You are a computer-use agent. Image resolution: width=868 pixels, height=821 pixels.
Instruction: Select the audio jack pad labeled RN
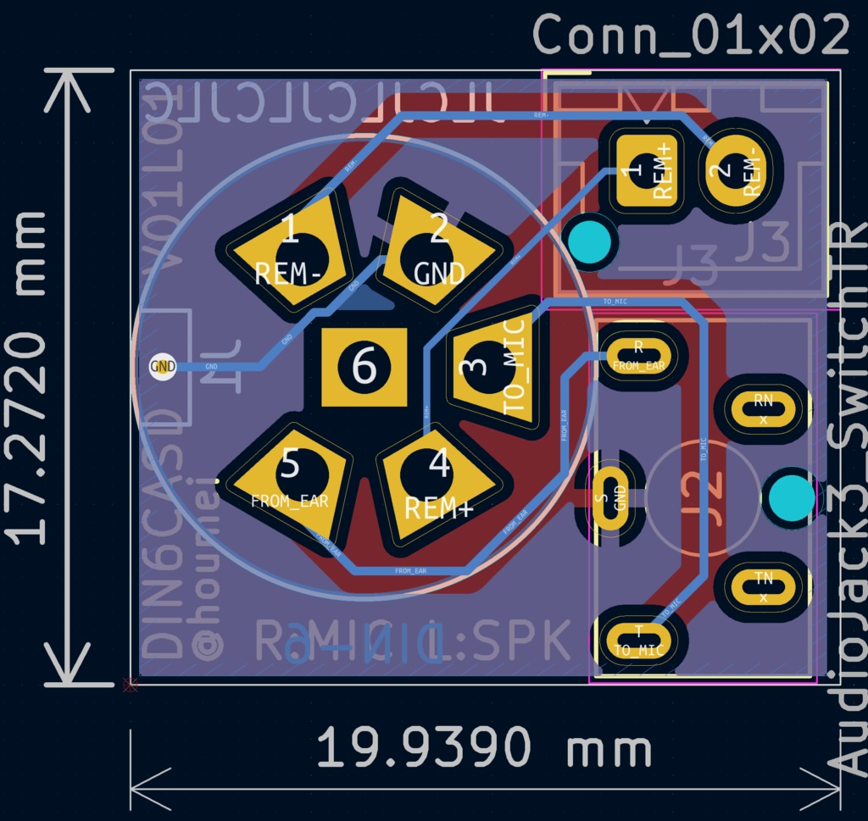pyautogui.click(x=763, y=408)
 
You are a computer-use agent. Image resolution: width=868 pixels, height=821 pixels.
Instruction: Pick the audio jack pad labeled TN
pyautogui.click(x=763, y=584)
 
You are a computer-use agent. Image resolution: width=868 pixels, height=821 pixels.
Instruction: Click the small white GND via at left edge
pyautogui.click(x=162, y=367)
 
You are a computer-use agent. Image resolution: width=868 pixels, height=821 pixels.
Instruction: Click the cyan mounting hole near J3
pyautogui.click(x=590, y=241)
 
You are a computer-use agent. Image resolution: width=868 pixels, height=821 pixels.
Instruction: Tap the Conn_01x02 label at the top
pyautogui.click(x=691, y=36)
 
